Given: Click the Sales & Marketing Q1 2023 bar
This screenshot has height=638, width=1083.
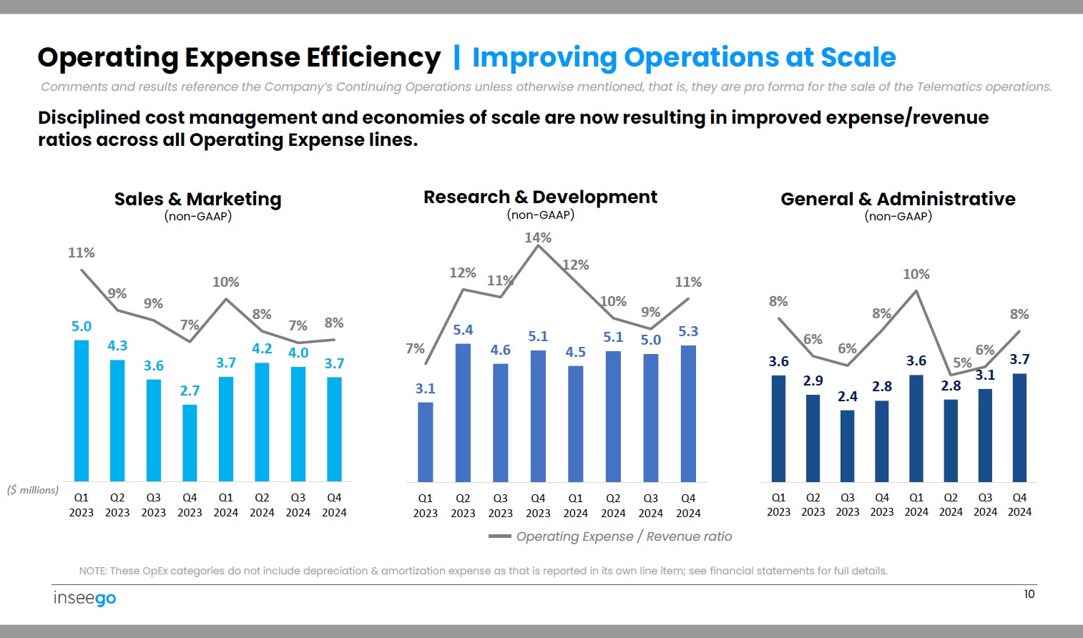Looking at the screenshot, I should coord(82,411).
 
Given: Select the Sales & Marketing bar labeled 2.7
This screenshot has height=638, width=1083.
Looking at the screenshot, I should coord(190,443).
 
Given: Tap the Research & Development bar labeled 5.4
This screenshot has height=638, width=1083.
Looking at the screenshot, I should coord(463,413).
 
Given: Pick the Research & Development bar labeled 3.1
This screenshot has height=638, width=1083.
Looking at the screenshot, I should coord(425,442).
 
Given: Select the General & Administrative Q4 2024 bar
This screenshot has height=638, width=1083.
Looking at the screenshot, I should coord(1019,427).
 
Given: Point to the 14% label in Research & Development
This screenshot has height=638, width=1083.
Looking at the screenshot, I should coord(538,237).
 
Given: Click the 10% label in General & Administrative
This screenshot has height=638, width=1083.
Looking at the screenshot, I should coord(916,274).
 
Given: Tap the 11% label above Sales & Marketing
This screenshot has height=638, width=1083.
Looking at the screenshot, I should coord(81,252).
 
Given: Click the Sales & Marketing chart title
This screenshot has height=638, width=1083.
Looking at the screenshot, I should coord(197,199).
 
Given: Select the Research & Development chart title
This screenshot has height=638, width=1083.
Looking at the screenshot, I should coord(540,197).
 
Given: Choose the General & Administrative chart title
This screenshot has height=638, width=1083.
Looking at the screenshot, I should coord(898,199).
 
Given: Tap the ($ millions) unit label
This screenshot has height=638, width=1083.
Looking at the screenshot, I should coord(33,490).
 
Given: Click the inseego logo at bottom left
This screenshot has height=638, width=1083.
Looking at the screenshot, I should coord(84,598).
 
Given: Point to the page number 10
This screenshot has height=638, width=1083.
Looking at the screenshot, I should coord(1029,594).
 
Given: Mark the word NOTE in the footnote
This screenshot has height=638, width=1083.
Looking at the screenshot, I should coord(92,571).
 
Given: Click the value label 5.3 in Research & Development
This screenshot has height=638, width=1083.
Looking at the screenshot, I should coord(688,331).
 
